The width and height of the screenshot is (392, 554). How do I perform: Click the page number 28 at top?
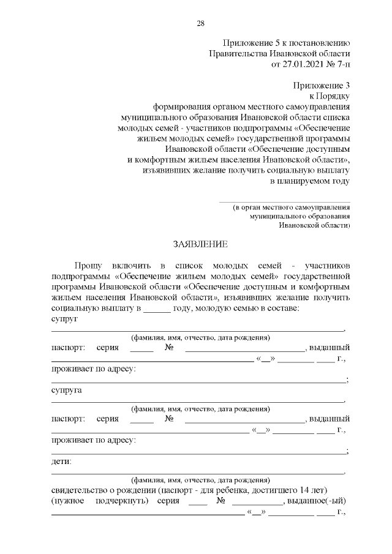point(200,23)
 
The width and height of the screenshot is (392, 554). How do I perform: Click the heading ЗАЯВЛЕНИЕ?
point(200,244)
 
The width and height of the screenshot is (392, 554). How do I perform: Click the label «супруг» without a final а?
point(64,319)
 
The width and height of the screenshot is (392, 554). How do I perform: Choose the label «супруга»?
point(66,390)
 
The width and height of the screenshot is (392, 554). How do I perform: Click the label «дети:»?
point(61,461)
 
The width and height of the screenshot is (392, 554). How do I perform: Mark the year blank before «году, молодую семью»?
point(156,309)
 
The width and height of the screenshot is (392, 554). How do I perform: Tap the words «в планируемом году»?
point(310,181)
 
